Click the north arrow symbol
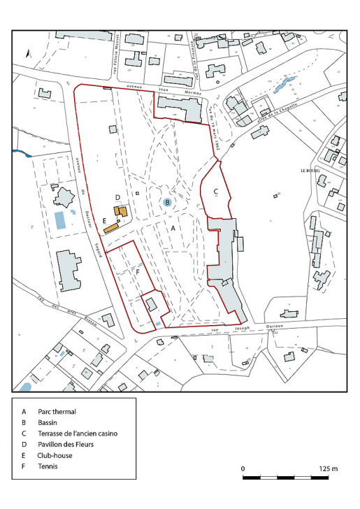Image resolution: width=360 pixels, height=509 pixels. pos(27,53)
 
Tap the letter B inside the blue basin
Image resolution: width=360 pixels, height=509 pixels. pos(167,202)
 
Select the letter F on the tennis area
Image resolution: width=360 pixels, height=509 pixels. pos(138,271)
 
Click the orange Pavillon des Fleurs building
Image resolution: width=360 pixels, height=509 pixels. pos(121,211)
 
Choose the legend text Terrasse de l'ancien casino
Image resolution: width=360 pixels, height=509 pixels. pos(78,433)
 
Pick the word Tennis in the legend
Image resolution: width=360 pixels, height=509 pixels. pos(48,466)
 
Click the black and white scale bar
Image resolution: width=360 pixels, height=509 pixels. pos(285,478)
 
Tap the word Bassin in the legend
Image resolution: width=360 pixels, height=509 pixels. pos(48,423)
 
